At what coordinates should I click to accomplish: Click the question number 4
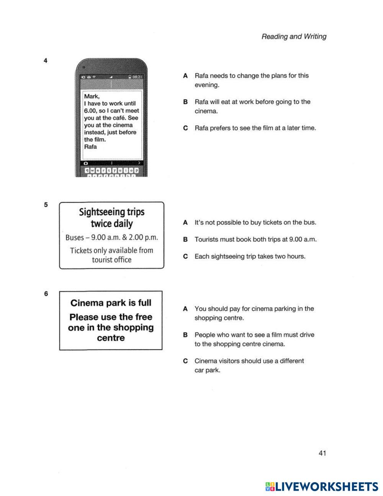point(46,61)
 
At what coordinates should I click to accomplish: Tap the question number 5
point(46,205)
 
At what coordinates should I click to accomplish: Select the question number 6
point(46,294)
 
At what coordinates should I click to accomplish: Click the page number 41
point(322,453)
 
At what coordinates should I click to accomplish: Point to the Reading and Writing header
point(294,37)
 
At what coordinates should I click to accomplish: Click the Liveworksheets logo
point(321,487)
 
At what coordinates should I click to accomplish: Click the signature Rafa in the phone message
point(90,147)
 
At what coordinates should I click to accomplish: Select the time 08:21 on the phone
point(137,77)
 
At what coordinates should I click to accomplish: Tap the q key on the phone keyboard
point(87,170)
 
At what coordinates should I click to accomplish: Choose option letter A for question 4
point(185,76)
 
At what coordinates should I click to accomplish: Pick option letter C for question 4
point(185,128)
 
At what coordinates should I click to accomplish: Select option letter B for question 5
point(185,240)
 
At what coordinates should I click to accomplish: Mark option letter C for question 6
point(185,361)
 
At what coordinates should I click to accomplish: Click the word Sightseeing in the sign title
point(97,212)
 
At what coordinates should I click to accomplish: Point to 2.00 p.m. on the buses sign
point(143,237)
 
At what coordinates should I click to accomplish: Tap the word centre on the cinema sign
point(111,338)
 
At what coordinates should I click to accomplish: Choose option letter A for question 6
point(185,309)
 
